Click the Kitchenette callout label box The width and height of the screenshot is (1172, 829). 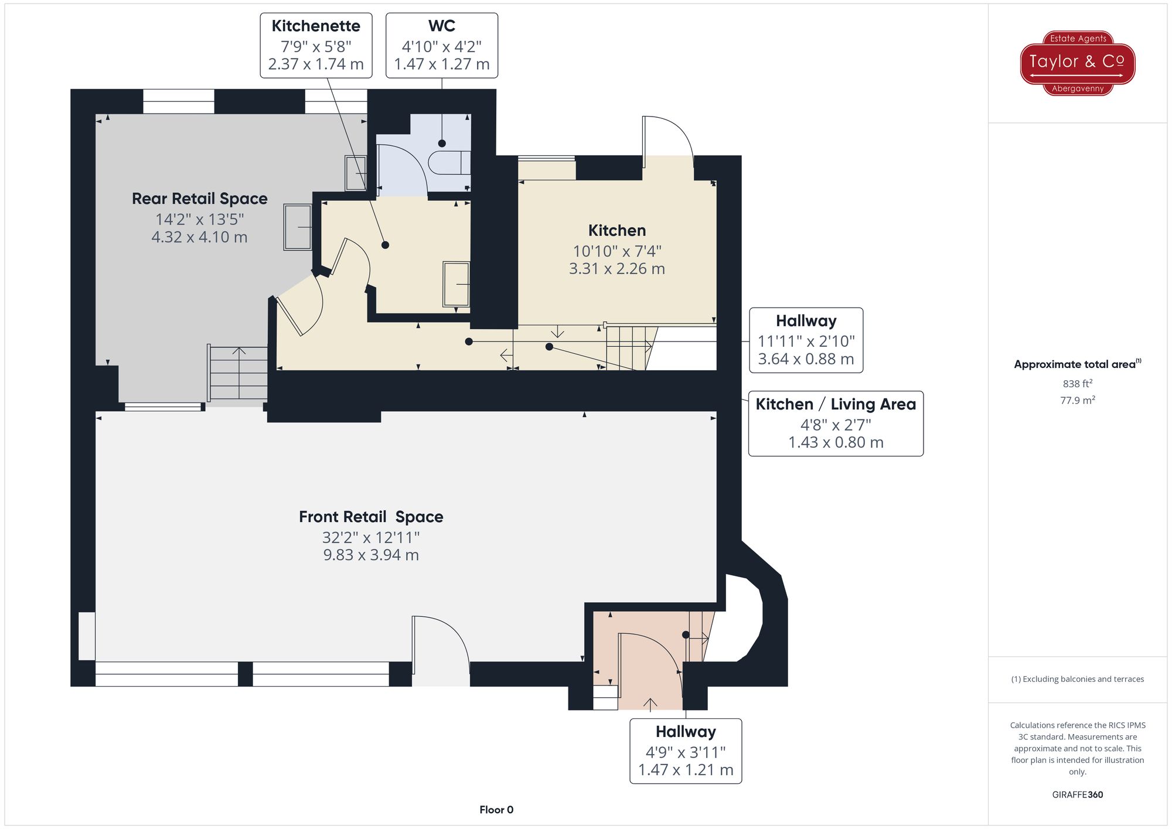coord(316,45)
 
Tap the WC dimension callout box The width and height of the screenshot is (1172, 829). coord(441,45)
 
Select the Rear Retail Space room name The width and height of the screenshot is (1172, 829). coord(199,199)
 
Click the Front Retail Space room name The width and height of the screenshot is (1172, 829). coord(371,517)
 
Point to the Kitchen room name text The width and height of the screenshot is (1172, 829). coord(616,230)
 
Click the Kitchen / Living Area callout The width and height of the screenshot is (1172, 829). coord(836,423)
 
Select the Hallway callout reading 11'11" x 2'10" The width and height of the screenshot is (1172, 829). coord(806,340)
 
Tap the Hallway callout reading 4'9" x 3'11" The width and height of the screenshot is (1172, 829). coord(686,750)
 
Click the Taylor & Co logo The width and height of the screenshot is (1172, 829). coord(1077,63)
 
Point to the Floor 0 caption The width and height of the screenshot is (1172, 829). coord(496,810)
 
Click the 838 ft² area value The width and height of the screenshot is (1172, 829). coord(1077,384)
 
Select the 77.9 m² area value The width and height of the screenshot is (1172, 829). coord(1077,401)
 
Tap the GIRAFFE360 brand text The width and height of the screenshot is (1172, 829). coord(1077,795)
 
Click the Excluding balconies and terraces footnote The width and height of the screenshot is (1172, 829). coord(1077,679)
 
